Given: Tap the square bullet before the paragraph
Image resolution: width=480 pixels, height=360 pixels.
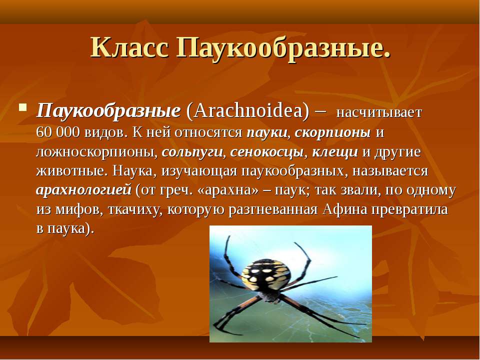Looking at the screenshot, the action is tap(22, 107).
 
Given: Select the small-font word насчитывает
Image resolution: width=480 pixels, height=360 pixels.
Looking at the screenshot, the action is tap(379, 112).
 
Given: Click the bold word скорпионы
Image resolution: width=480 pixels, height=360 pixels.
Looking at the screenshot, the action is tap(333, 133).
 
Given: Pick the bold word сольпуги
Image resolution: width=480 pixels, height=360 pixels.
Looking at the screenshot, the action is tap(192, 152).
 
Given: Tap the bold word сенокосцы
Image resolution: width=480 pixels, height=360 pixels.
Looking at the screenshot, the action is tap(267, 152).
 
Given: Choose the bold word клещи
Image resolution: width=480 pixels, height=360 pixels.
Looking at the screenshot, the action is tap(335, 152).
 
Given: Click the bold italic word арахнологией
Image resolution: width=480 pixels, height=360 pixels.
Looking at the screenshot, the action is tap(83, 190).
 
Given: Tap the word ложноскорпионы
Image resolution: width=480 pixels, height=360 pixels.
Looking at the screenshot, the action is tap(96, 152).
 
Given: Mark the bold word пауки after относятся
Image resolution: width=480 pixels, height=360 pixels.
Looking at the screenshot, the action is tap(267, 133).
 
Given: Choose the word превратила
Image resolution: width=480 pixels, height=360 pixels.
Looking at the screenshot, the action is tap(409, 210).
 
